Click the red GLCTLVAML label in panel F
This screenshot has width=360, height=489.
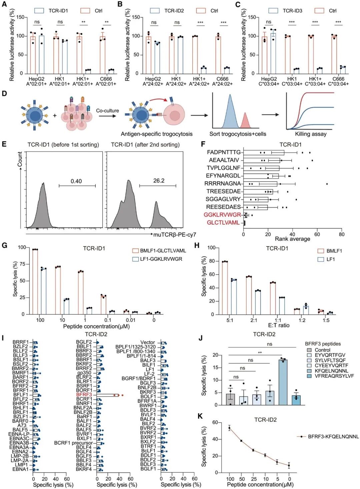coord(223,223)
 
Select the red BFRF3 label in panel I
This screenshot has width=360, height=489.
coord(84,395)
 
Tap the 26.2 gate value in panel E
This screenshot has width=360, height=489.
coord(159,181)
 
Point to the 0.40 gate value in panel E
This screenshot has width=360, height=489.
coord(76,181)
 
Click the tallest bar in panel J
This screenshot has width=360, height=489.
coord(283,382)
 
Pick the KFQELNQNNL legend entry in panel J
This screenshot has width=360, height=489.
coord(331,371)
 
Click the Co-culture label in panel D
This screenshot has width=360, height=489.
coord(107,111)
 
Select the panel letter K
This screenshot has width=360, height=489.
coord(200,416)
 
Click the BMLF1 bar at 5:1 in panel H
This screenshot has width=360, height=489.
coord(225,288)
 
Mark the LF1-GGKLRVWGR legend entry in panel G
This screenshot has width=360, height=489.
coord(161,259)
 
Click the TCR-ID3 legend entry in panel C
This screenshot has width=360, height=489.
coord(292,11)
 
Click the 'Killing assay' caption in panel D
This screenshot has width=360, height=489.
coord(311,134)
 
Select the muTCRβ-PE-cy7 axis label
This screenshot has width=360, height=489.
coord(175,235)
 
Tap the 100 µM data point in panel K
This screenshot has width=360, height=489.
coord(229,428)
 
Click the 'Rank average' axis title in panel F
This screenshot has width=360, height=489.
coord(292,239)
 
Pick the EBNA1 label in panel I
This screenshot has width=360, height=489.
coord(21,469)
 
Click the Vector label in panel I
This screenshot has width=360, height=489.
coord(147,342)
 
